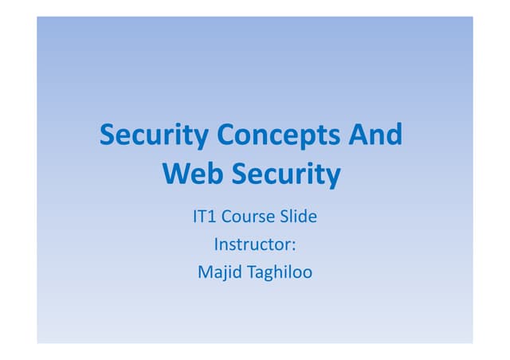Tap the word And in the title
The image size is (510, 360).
[x=375, y=135]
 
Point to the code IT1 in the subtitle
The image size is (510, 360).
[x=205, y=217]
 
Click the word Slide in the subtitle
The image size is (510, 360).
[x=298, y=217]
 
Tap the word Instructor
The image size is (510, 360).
[x=252, y=245]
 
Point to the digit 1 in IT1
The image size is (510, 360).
[x=213, y=217]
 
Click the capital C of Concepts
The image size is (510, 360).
[x=226, y=135]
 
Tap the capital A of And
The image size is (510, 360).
[x=355, y=135]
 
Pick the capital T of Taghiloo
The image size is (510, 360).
[x=252, y=272]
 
